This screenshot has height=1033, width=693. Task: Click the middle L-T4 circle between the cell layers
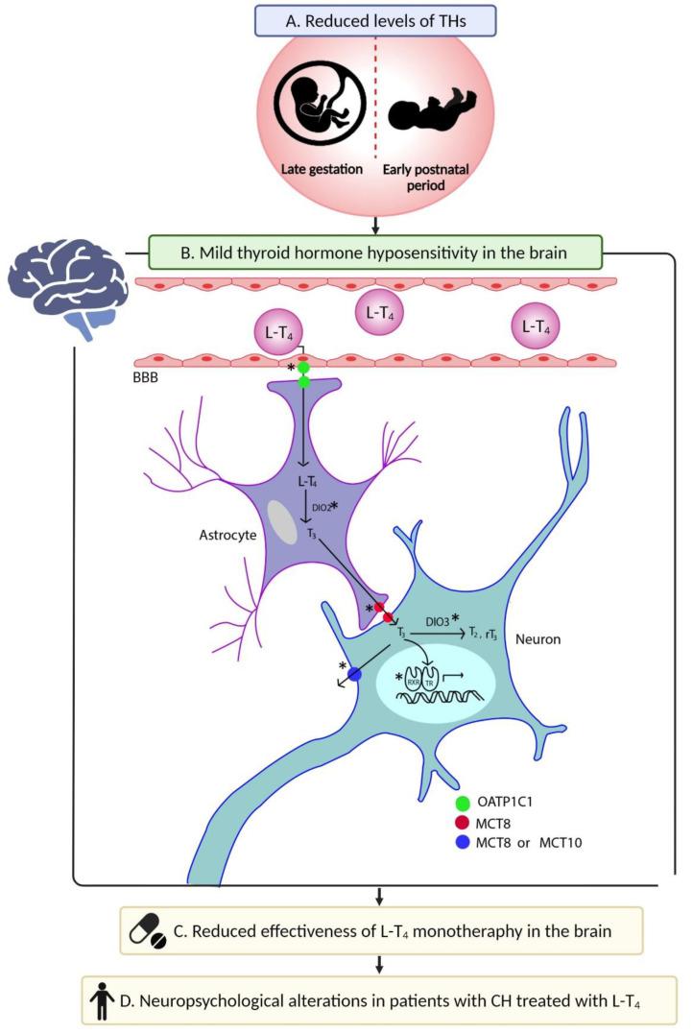click(379, 314)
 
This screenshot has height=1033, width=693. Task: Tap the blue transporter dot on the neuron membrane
click(354, 674)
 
